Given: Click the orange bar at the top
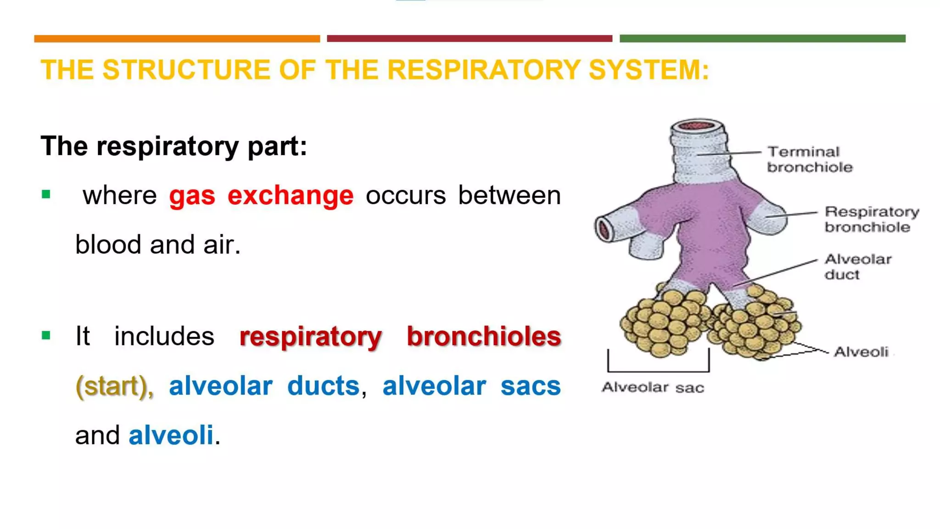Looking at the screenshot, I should click(177, 39).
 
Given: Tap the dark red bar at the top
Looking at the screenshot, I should click(469, 39).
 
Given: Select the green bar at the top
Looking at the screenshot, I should click(762, 39).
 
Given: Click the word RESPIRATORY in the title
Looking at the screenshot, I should click(484, 70).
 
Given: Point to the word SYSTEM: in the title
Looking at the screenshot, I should click(649, 70).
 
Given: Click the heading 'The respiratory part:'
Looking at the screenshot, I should click(173, 146).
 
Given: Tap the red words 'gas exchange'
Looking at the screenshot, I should click(261, 195).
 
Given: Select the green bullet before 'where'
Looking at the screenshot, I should click(46, 195).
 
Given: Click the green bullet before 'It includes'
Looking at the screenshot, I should click(46, 336).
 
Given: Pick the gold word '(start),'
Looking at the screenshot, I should click(114, 386).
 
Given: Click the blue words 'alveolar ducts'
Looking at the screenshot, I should click(264, 386).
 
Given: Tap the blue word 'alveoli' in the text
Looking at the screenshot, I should click(171, 435).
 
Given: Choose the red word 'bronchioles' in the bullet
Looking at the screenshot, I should click(484, 336).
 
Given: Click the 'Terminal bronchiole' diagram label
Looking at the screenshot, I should click(809, 159).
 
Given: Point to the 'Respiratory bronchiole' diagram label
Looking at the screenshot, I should click(871, 219).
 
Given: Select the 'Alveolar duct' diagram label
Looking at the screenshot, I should click(857, 267).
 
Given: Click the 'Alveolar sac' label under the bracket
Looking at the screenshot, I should click(652, 388).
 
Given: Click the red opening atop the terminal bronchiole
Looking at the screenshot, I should click(697, 125).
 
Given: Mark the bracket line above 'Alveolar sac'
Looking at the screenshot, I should click(658, 370).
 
